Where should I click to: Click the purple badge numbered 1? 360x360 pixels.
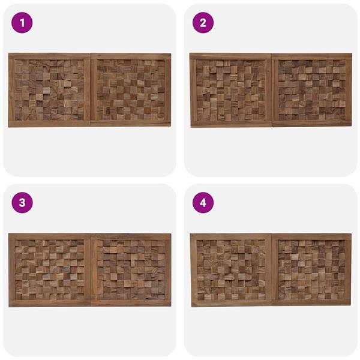(x=22, y=23)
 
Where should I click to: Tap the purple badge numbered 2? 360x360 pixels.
(x=203, y=23)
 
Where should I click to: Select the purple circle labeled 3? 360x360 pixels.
(x=22, y=203)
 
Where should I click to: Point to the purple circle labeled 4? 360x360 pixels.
(x=203, y=203)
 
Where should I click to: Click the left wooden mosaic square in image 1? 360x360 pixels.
(x=49, y=90)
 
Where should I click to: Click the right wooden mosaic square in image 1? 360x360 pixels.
(x=131, y=90)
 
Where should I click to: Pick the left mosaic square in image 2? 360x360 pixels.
(x=231, y=90)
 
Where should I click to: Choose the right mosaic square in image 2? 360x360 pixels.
(x=312, y=90)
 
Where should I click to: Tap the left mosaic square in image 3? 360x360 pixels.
(x=49, y=270)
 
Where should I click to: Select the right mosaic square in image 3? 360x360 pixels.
(x=131, y=270)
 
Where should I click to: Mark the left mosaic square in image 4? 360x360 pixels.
(x=231, y=270)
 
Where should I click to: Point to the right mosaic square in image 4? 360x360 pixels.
(x=312, y=270)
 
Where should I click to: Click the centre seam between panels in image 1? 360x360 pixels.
(x=90, y=90)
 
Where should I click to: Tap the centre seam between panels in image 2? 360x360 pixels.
(x=272, y=90)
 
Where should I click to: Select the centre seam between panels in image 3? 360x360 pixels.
(x=91, y=270)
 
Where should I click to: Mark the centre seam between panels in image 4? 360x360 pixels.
(x=272, y=270)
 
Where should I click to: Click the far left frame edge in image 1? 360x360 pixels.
(x=11, y=90)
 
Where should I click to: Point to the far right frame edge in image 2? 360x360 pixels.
(x=349, y=90)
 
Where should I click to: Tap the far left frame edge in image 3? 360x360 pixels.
(x=12, y=270)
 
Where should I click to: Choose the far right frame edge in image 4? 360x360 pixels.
(x=349, y=270)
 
